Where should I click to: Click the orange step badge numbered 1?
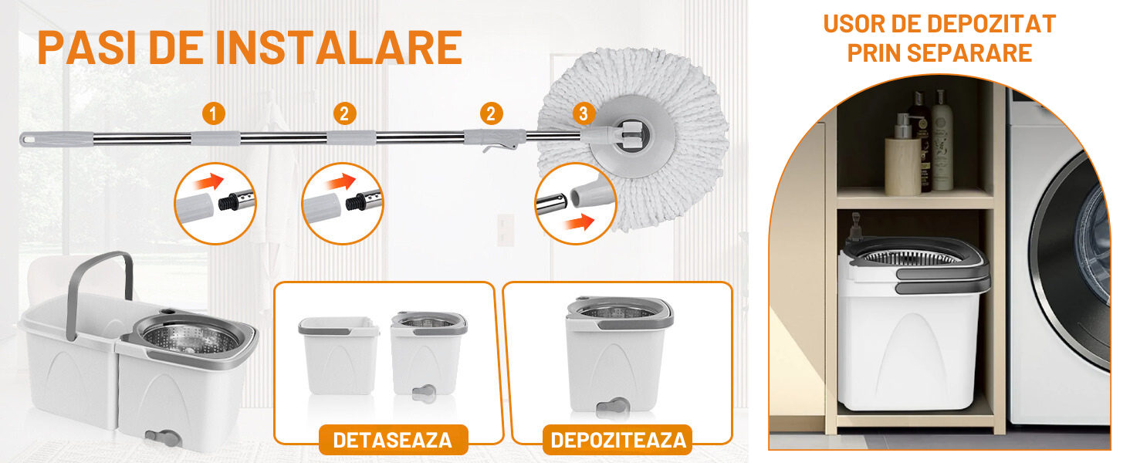pos(213,114)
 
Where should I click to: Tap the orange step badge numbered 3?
pos(584,114)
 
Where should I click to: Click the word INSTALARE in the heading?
pos(339,48)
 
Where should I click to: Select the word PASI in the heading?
pos(86,48)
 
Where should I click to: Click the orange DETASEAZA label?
pos(393,441)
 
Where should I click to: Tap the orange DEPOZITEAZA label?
pos(618,441)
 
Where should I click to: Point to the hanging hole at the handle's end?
pos(27,138)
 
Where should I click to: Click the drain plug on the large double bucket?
pos(163,438)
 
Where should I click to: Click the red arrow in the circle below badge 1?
pos(210,181)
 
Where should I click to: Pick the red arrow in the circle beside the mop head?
pos(579,222)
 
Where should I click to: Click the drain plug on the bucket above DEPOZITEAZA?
pos(612,408)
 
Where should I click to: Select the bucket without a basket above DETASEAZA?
pos(339,355)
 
